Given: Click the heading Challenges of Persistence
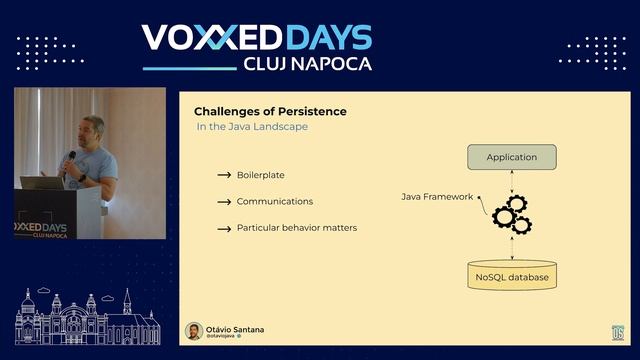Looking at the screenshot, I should pyautogui.click(x=270, y=112).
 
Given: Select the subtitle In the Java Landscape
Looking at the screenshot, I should pyautogui.click(x=252, y=128).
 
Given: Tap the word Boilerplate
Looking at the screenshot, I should pyautogui.click(x=261, y=175).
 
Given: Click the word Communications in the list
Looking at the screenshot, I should pyautogui.click(x=275, y=201).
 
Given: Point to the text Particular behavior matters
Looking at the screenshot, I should pyautogui.click(x=297, y=228).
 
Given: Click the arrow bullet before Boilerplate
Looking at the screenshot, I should pyautogui.click(x=224, y=175).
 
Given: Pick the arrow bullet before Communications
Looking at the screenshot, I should pyautogui.click(x=224, y=202).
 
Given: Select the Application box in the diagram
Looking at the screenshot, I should pyautogui.click(x=511, y=157).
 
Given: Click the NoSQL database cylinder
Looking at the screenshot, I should pyautogui.click(x=511, y=275).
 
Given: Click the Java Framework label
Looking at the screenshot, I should pyautogui.click(x=437, y=197).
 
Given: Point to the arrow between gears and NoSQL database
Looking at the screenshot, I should pyautogui.click(x=511, y=249).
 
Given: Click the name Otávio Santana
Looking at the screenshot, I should pyautogui.click(x=235, y=328).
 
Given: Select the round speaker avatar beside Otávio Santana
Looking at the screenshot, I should pyautogui.click(x=194, y=331).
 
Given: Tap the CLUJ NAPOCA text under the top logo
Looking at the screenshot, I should pyautogui.click(x=307, y=63).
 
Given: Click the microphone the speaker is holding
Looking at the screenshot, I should pyautogui.click(x=71, y=158).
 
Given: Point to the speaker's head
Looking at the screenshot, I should pyautogui.click(x=93, y=129).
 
